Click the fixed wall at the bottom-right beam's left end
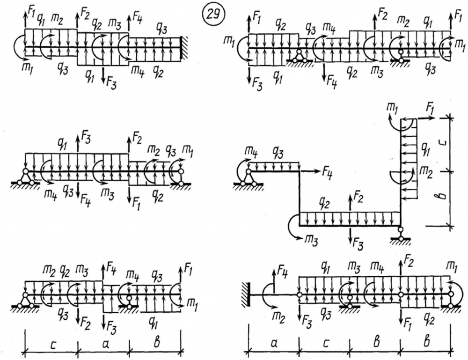244,294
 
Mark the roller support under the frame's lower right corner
400,235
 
